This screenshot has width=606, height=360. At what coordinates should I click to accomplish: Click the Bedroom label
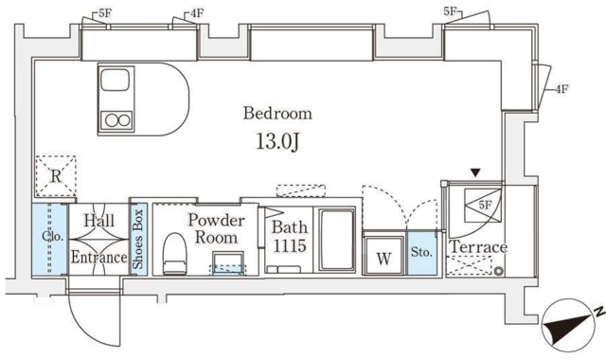pyautogui.click(x=277, y=114)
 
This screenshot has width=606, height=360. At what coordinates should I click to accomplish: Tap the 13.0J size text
pyautogui.click(x=277, y=142)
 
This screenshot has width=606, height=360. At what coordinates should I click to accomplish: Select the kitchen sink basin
pyautogui.click(x=115, y=80)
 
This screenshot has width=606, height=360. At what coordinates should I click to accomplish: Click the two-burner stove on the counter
pyautogui.click(x=116, y=120)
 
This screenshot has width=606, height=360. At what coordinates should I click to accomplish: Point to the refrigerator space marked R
pyautogui.click(x=56, y=176)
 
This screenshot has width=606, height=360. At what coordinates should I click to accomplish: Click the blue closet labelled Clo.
pyautogui.click(x=50, y=239)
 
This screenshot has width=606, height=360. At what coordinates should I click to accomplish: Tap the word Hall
pyautogui.click(x=98, y=221)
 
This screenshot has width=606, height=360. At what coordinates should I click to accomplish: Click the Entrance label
pyautogui.click(x=98, y=257)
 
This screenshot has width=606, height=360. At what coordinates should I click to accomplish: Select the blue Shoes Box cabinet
pyautogui.click(x=138, y=239)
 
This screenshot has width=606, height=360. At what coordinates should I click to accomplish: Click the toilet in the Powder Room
pyautogui.click(x=174, y=254)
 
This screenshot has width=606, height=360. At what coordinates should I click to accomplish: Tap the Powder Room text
pyautogui.click(x=216, y=229)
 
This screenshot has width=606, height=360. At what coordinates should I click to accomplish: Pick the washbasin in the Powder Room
pyautogui.click(x=228, y=263)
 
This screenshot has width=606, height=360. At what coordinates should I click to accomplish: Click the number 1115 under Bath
pyautogui.click(x=290, y=245)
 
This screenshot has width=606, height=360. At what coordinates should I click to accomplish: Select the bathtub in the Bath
pyautogui.click(x=336, y=240)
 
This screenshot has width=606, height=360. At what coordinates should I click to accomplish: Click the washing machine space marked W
pyautogui.click(x=383, y=256)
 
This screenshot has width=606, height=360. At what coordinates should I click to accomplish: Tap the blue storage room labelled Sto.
pyautogui.click(x=422, y=253)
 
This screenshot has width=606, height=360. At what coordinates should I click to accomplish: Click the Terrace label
pyautogui.click(x=478, y=246)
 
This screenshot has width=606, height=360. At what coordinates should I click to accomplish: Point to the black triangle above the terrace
pyautogui.click(x=475, y=172)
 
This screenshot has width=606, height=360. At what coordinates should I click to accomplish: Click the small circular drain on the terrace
pyautogui.click(x=499, y=272)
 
